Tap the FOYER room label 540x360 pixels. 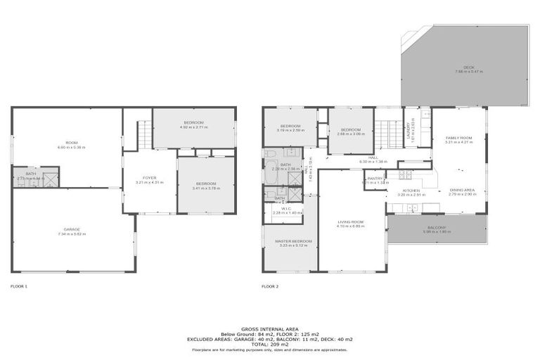click(149, 178)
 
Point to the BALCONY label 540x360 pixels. click(437, 227)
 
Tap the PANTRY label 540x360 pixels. click(374, 179)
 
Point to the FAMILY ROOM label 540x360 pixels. click(458, 138)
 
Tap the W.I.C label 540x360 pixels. click(287, 209)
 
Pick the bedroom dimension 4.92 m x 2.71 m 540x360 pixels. click(193, 127)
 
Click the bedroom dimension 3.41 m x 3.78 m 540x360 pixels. click(205, 188)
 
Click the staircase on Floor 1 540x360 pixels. click(143, 134)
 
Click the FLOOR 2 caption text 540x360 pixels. click(270, 286)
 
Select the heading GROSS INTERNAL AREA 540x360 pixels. click(269, 328)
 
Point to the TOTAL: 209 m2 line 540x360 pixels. click(269, 344)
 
